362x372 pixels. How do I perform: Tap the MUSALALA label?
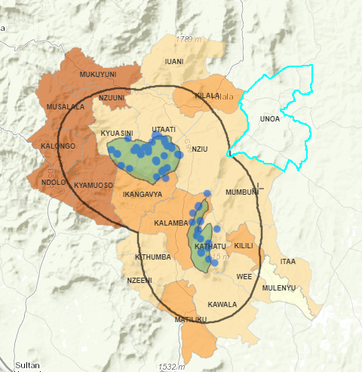65,108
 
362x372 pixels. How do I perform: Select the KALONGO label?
58,146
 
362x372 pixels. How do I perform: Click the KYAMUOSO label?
94,185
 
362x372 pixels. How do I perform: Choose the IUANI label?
174,62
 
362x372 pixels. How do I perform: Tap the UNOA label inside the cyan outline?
269,118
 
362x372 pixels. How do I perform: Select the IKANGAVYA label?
138,195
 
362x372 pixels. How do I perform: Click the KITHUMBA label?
154,257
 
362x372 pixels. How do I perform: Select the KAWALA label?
222,305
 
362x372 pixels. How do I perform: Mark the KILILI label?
244,246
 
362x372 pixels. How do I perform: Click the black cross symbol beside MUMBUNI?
259,185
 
